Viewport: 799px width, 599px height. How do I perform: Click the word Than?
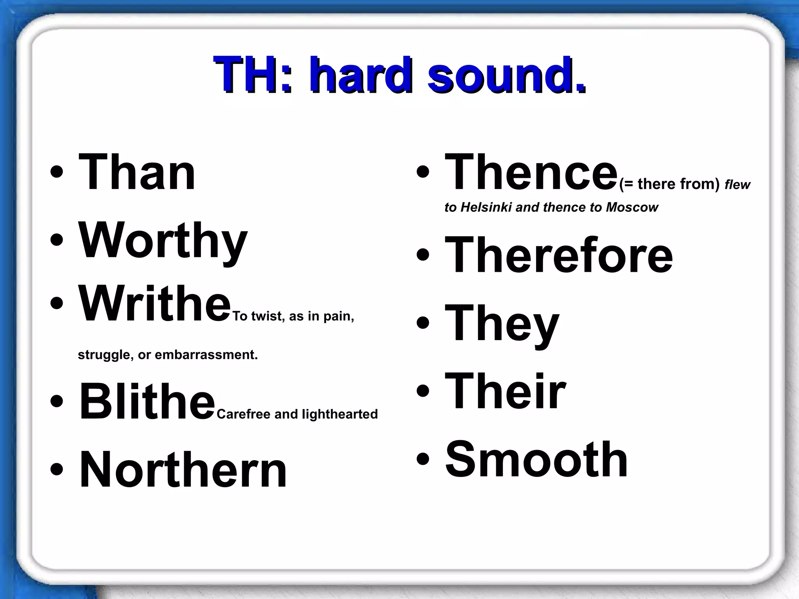point(137,172)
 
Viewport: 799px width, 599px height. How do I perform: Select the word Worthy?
point(163,240)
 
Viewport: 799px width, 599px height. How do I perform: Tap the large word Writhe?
point(155,304)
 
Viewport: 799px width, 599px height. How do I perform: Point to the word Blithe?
point(147,402)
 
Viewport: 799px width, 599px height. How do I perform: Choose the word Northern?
point(183,469)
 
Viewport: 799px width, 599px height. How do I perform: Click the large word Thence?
point(531,172)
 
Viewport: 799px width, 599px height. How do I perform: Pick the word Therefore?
point(559,255)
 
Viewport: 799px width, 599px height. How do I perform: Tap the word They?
point(502,323)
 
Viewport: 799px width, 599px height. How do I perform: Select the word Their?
point(505,391)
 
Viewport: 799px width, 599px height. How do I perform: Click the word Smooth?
point(536,459)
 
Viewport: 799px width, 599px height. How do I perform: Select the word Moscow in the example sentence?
point(632,207)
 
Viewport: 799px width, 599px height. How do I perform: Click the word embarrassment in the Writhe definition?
point(206,355)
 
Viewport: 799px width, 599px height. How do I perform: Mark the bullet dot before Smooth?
point(423,459)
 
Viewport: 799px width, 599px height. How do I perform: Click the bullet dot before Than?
point(57,172)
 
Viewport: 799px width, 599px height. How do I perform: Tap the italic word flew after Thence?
point(737,184)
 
